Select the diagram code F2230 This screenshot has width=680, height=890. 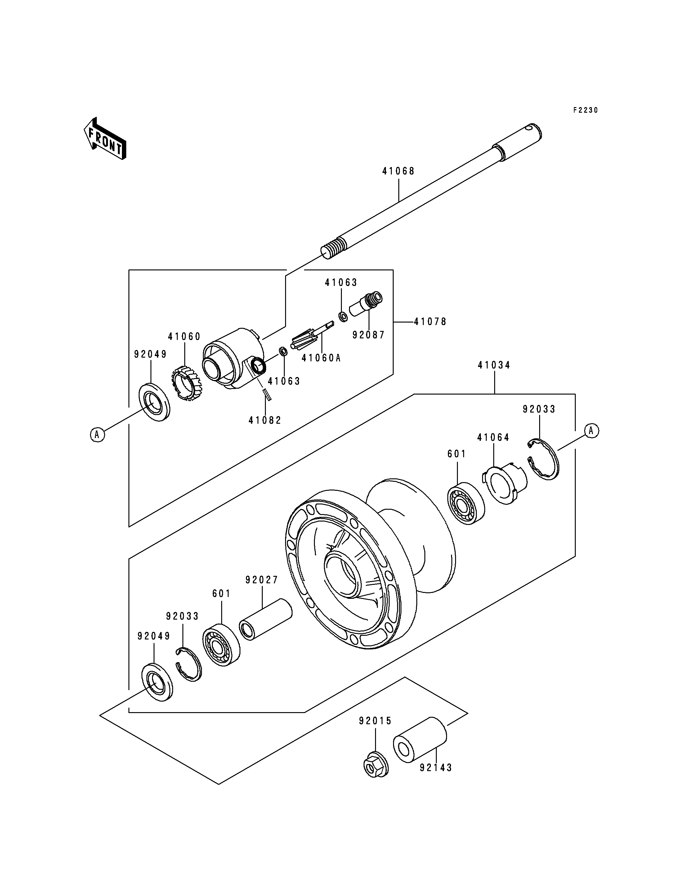[x=585, y=110]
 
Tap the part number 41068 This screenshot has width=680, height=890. [x=399, y=171]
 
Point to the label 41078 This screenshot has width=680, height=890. [x=430, y=322]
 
